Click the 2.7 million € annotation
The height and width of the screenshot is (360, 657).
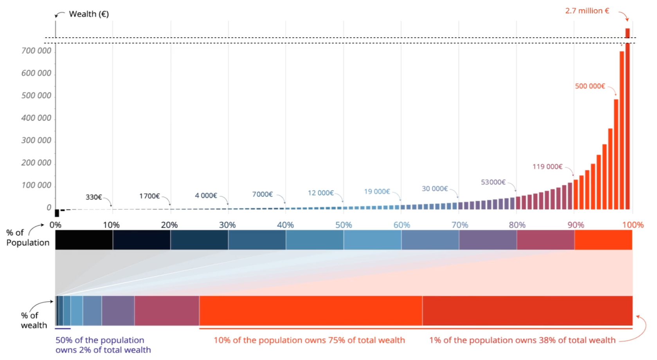(587, 11)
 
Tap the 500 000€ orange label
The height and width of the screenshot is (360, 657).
(590, 86)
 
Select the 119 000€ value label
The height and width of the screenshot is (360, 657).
(547, 167)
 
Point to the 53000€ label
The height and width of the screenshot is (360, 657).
(493, 182)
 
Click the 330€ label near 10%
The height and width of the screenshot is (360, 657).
(94, 197)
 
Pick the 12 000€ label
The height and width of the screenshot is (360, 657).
(320, 193)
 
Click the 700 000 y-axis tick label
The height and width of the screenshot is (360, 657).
(36, 51)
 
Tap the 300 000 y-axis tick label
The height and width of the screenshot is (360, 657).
(36, 140)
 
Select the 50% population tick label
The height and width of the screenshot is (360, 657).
(344, 225)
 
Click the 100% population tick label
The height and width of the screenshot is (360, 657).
(633, 225)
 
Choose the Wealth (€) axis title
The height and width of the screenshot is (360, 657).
(89, 14)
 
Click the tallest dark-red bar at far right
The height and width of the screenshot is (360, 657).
(627, 117)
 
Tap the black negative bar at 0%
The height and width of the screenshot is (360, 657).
(57, 213)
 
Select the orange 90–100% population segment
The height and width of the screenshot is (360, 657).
(603, 240)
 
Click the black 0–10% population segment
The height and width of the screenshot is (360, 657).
(84, 240)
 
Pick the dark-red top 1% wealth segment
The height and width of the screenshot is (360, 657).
(527, 311)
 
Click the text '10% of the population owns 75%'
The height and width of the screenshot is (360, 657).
(309, 340)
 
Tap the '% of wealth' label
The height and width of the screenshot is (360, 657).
(34, 320)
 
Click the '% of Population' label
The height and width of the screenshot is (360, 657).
(27, 238)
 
